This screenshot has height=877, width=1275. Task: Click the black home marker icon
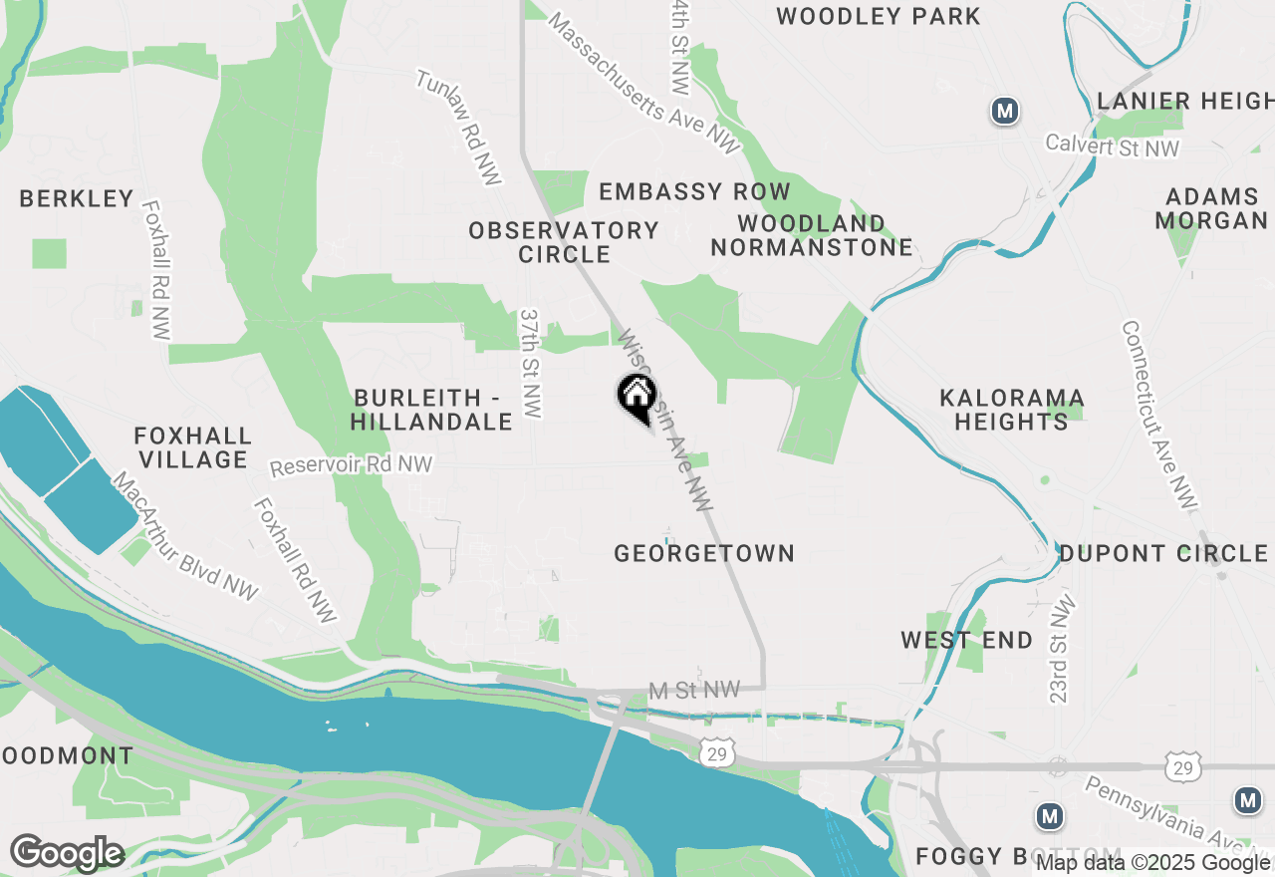click(x=637, y=396)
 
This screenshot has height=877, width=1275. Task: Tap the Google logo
click(x=67, y=853)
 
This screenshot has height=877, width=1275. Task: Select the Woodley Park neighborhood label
click(x=879, y=16)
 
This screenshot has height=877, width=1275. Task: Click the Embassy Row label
click(x=694, y=191)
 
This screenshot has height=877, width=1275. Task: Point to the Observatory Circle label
click(x=564, y=242)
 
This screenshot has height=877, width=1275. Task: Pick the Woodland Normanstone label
click(x=812, y=235)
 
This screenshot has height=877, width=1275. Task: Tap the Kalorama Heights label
click(x=1012, y=410)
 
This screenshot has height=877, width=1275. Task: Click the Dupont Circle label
click(x=1162, y=553)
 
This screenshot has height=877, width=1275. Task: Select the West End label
click(x=967, y=640)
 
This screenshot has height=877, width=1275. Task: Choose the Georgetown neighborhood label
click(x=704, y=553)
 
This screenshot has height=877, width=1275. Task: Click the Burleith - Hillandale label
click(x=431, y=410)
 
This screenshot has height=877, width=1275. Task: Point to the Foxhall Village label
click(x=193, y=447)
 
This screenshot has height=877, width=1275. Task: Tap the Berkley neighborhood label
click(x=77, y=198)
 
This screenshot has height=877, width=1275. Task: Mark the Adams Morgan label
click(x=1211, y=208)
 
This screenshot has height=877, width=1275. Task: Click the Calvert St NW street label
click(x=1112, y=146)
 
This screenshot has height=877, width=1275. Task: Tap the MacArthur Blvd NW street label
click(x=185, y=537)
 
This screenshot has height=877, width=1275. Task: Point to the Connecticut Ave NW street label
click(x=1158, y=416)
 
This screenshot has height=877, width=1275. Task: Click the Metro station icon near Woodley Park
click(x=1005, y=111)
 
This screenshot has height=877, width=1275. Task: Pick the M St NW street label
click(x=694, y=690)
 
